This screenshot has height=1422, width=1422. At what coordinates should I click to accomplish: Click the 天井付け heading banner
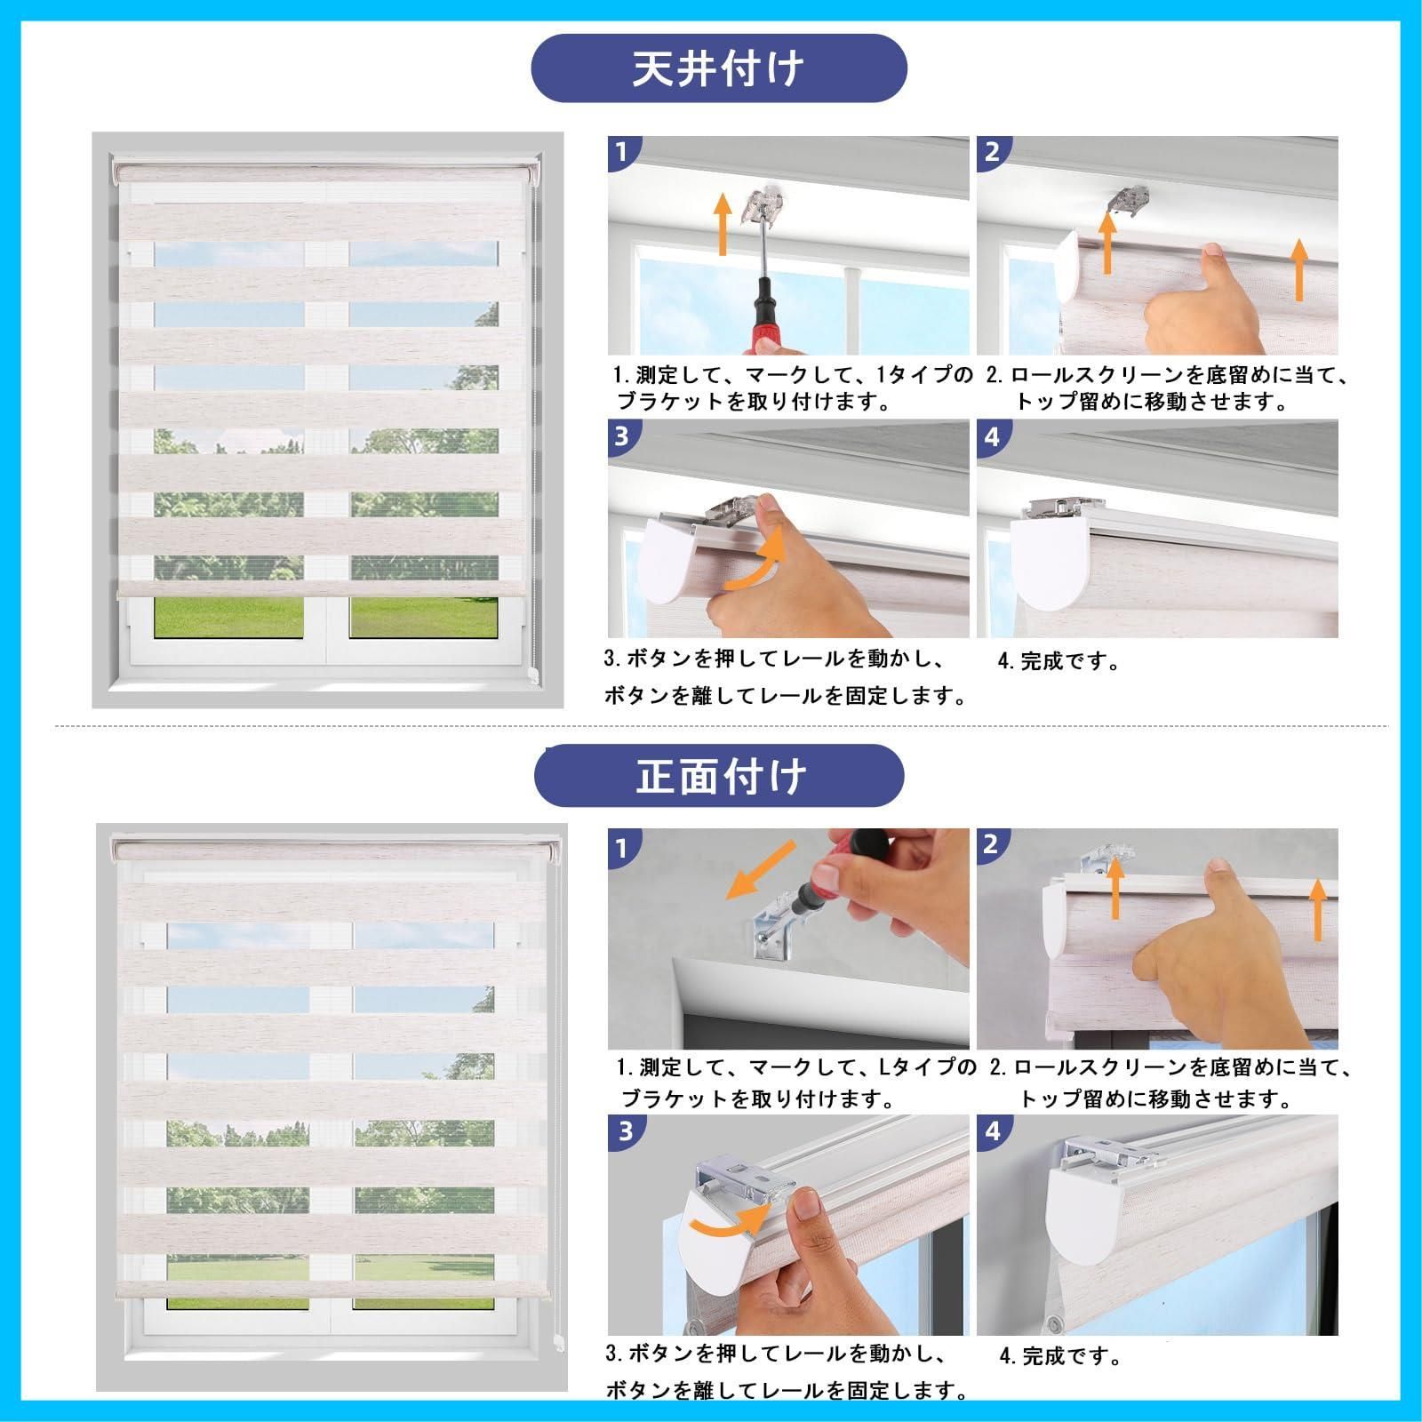click(718, 68)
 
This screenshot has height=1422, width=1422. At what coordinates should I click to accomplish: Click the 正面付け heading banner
click(718, 776)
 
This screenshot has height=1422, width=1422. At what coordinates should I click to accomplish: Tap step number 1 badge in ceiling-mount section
click(621, 152)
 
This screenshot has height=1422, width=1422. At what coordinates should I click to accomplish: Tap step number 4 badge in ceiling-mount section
click(992, 437)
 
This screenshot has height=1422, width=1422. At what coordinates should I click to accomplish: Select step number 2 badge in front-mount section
click(992, 844)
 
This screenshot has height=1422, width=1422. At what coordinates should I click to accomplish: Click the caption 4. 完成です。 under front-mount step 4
click(1059, 1355)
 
